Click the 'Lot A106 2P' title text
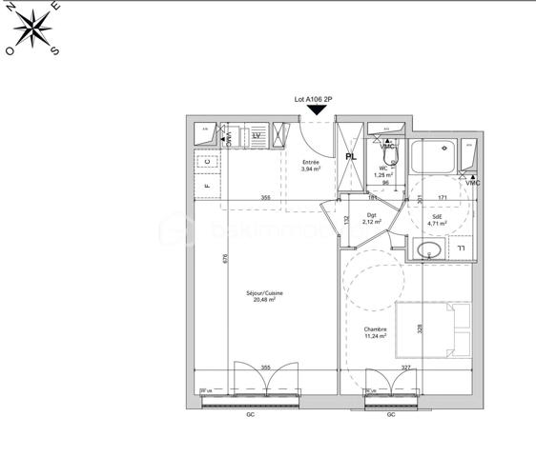316,98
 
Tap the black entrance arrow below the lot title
317,111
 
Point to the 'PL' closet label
351,156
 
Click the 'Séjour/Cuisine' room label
264,295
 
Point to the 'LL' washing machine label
461,249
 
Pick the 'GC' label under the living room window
251,415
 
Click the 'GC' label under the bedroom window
391,415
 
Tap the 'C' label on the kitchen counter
207,163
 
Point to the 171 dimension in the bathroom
442,198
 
